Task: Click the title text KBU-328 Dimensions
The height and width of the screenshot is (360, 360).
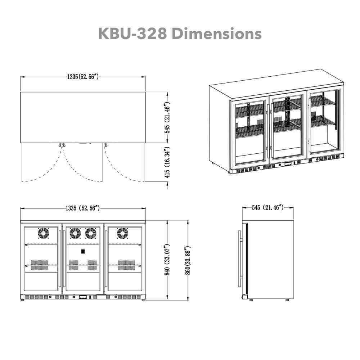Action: tap(180, 33)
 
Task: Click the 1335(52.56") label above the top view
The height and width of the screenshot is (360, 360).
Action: tap(83, 77)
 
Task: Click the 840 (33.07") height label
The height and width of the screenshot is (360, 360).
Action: tap(167, 260)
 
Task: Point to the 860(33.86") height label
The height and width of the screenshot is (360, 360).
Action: tap(188, 260)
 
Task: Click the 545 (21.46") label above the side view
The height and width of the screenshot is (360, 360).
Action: tap(268, 208)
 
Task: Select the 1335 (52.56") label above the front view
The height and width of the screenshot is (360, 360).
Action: tap(83, 208)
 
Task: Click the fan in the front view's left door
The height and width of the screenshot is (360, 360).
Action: tap(43, 234)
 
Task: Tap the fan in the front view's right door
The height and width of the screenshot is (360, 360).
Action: tap(122, 234)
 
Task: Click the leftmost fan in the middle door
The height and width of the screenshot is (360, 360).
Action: tap(75, 234)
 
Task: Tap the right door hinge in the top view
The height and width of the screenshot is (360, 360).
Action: tap(106, 145)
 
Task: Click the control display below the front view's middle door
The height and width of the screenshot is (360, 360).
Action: tap(83, 297)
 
